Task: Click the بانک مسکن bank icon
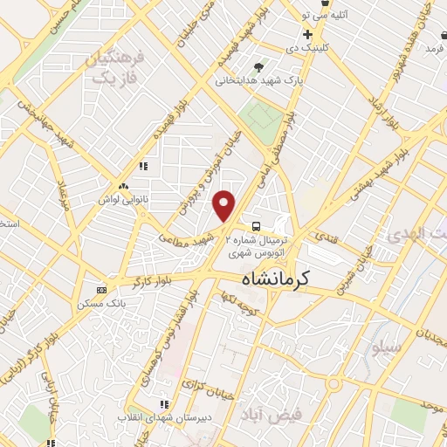click(x=102, y=290)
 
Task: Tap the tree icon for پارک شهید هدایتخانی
click(x=258, y=67)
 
